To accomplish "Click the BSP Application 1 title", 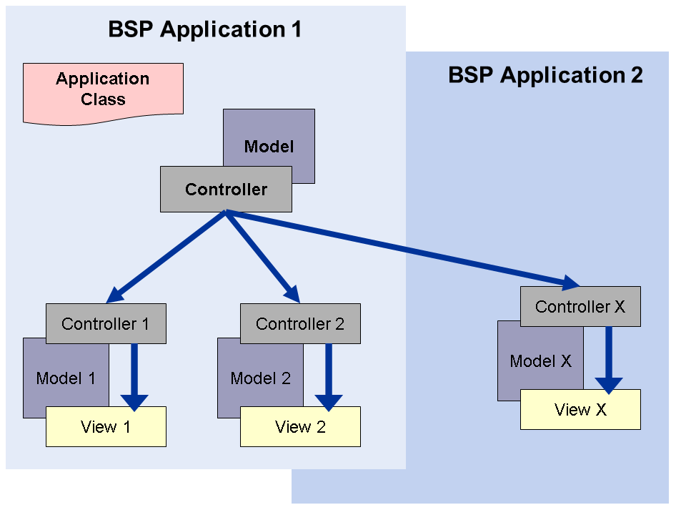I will point(204,29).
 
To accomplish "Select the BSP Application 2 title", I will point(545,75).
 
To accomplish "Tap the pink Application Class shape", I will point(103,90).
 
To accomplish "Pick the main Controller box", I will point(226,190).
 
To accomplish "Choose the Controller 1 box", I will point(106,324).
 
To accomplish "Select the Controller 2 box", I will point(300,324).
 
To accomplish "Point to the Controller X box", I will point(580,307).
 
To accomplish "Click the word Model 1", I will point(66,378).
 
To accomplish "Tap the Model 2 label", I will point(260,378).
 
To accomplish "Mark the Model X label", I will point(540,361).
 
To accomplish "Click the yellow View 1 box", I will point(106,427).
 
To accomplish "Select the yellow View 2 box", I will point(300,427).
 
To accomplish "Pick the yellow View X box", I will point(580,410).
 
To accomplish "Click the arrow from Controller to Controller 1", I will point(169,255).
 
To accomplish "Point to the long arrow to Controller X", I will point(400,248).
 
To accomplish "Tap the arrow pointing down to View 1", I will point(133,376).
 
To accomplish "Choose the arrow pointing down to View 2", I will point(329,376).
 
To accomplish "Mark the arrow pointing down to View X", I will point(609,358).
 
